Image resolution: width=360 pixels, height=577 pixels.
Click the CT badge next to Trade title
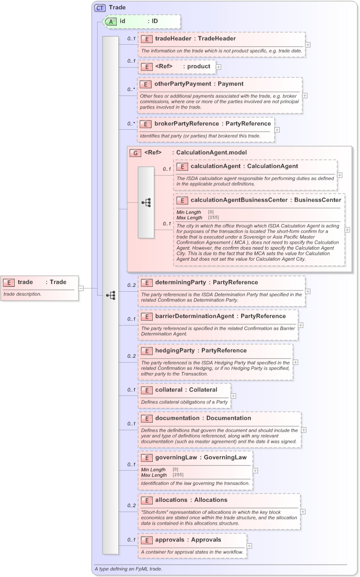pos(100,8)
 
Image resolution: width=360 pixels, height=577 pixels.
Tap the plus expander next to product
pos(219,67)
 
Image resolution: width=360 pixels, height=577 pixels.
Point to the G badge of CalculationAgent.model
pos(135,152)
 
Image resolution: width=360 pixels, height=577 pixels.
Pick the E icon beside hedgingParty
pos(146,351)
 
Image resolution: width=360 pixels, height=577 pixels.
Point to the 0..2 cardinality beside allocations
pos(131,506)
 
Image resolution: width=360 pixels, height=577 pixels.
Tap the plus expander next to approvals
pos(249,545)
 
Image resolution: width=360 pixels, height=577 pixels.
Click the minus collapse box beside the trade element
pos(81,288)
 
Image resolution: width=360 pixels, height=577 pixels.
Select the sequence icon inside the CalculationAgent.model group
pos(146,202)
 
